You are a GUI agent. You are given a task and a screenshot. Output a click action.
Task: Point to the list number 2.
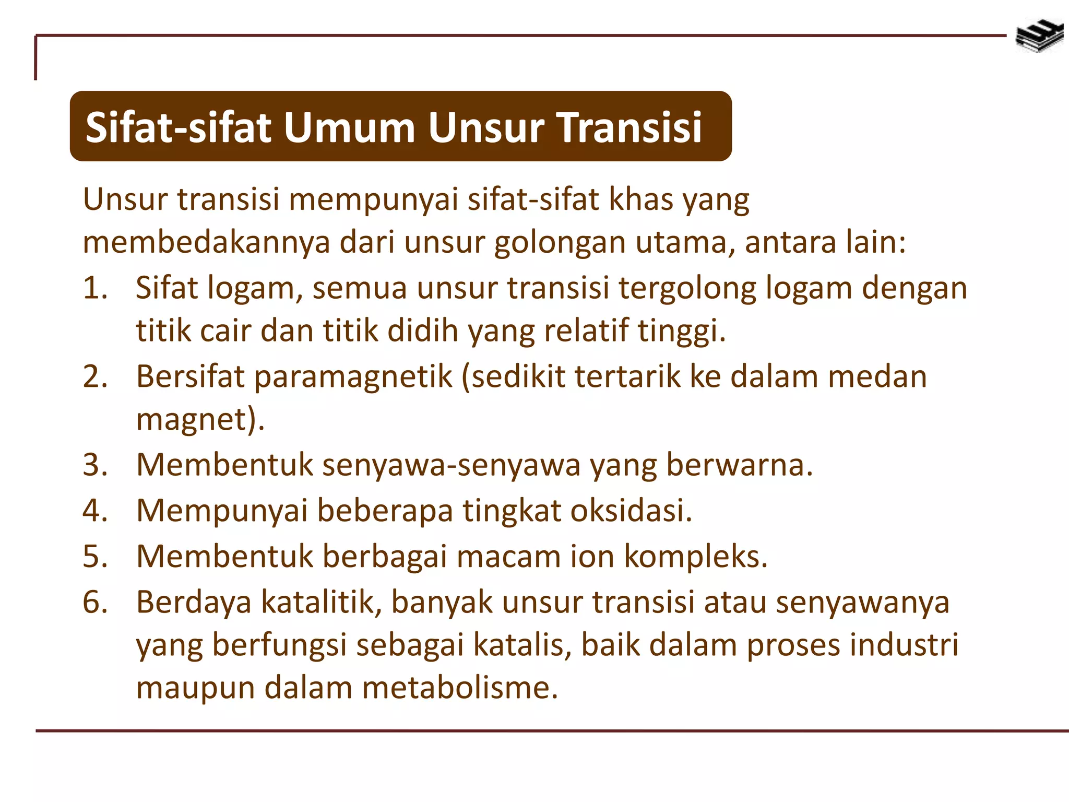pyautogui.click(x=94, y=376)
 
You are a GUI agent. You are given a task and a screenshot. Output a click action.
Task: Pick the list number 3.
pyautogui.click(x=94, y=464)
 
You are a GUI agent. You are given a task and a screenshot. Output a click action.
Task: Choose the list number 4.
pyautogui.click(x=94, y=510)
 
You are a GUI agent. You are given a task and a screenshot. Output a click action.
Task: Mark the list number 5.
pyautogui.click(x=94, y=556)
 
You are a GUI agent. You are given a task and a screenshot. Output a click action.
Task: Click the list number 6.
pyautogui.click(x=94, y=602)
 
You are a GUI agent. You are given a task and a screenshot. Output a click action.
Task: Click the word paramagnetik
pyautogui.click(x=353, y=377)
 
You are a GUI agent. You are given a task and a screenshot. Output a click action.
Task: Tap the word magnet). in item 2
pyautogui.click(x=200, y=419)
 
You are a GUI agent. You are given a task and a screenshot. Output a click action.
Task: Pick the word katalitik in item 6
pyautogui.click(x=320, y=602)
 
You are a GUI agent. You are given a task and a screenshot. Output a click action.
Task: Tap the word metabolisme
pyautogui.click(x=459, y=688)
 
